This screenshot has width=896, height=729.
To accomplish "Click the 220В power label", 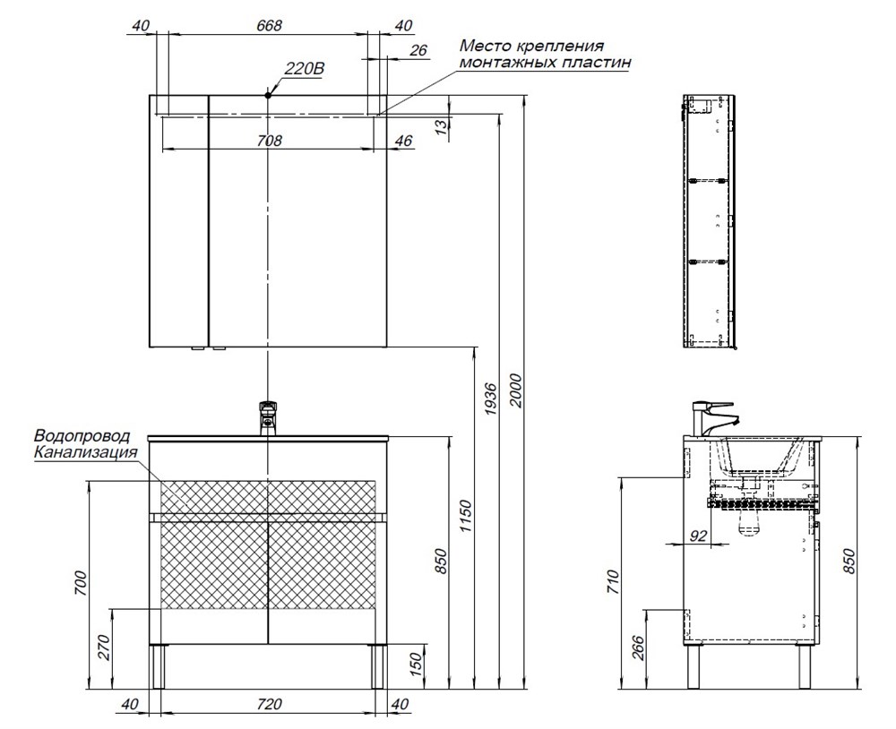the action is click(x=304, y=69).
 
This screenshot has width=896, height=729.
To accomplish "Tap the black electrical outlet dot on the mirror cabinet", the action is click(x=268, y=96).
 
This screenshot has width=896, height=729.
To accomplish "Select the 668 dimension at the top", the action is click(x=269, y=26).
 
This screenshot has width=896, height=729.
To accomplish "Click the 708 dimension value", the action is click(x=269, y=140).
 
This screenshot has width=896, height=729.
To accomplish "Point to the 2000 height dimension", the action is click(x=516, y=390).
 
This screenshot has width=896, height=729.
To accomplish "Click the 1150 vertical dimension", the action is click(x=466, y=516).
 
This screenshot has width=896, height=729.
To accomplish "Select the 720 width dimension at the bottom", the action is click(x=269, y=704).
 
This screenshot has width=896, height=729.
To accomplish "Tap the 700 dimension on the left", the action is click(x=82, y=583).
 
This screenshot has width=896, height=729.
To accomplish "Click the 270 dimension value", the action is click(x=104, y=647).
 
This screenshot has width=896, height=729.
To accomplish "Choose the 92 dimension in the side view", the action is click(x=699, y=536).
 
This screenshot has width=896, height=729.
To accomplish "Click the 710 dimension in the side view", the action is click(x=613, y=581).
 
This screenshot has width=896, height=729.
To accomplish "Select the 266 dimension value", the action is click(x=638, y=648).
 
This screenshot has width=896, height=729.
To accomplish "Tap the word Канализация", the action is click(x=86, y=452).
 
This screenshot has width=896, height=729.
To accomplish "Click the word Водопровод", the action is click(x=82, y=436).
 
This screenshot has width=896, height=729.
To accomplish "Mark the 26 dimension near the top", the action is click(x=418, y=50).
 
